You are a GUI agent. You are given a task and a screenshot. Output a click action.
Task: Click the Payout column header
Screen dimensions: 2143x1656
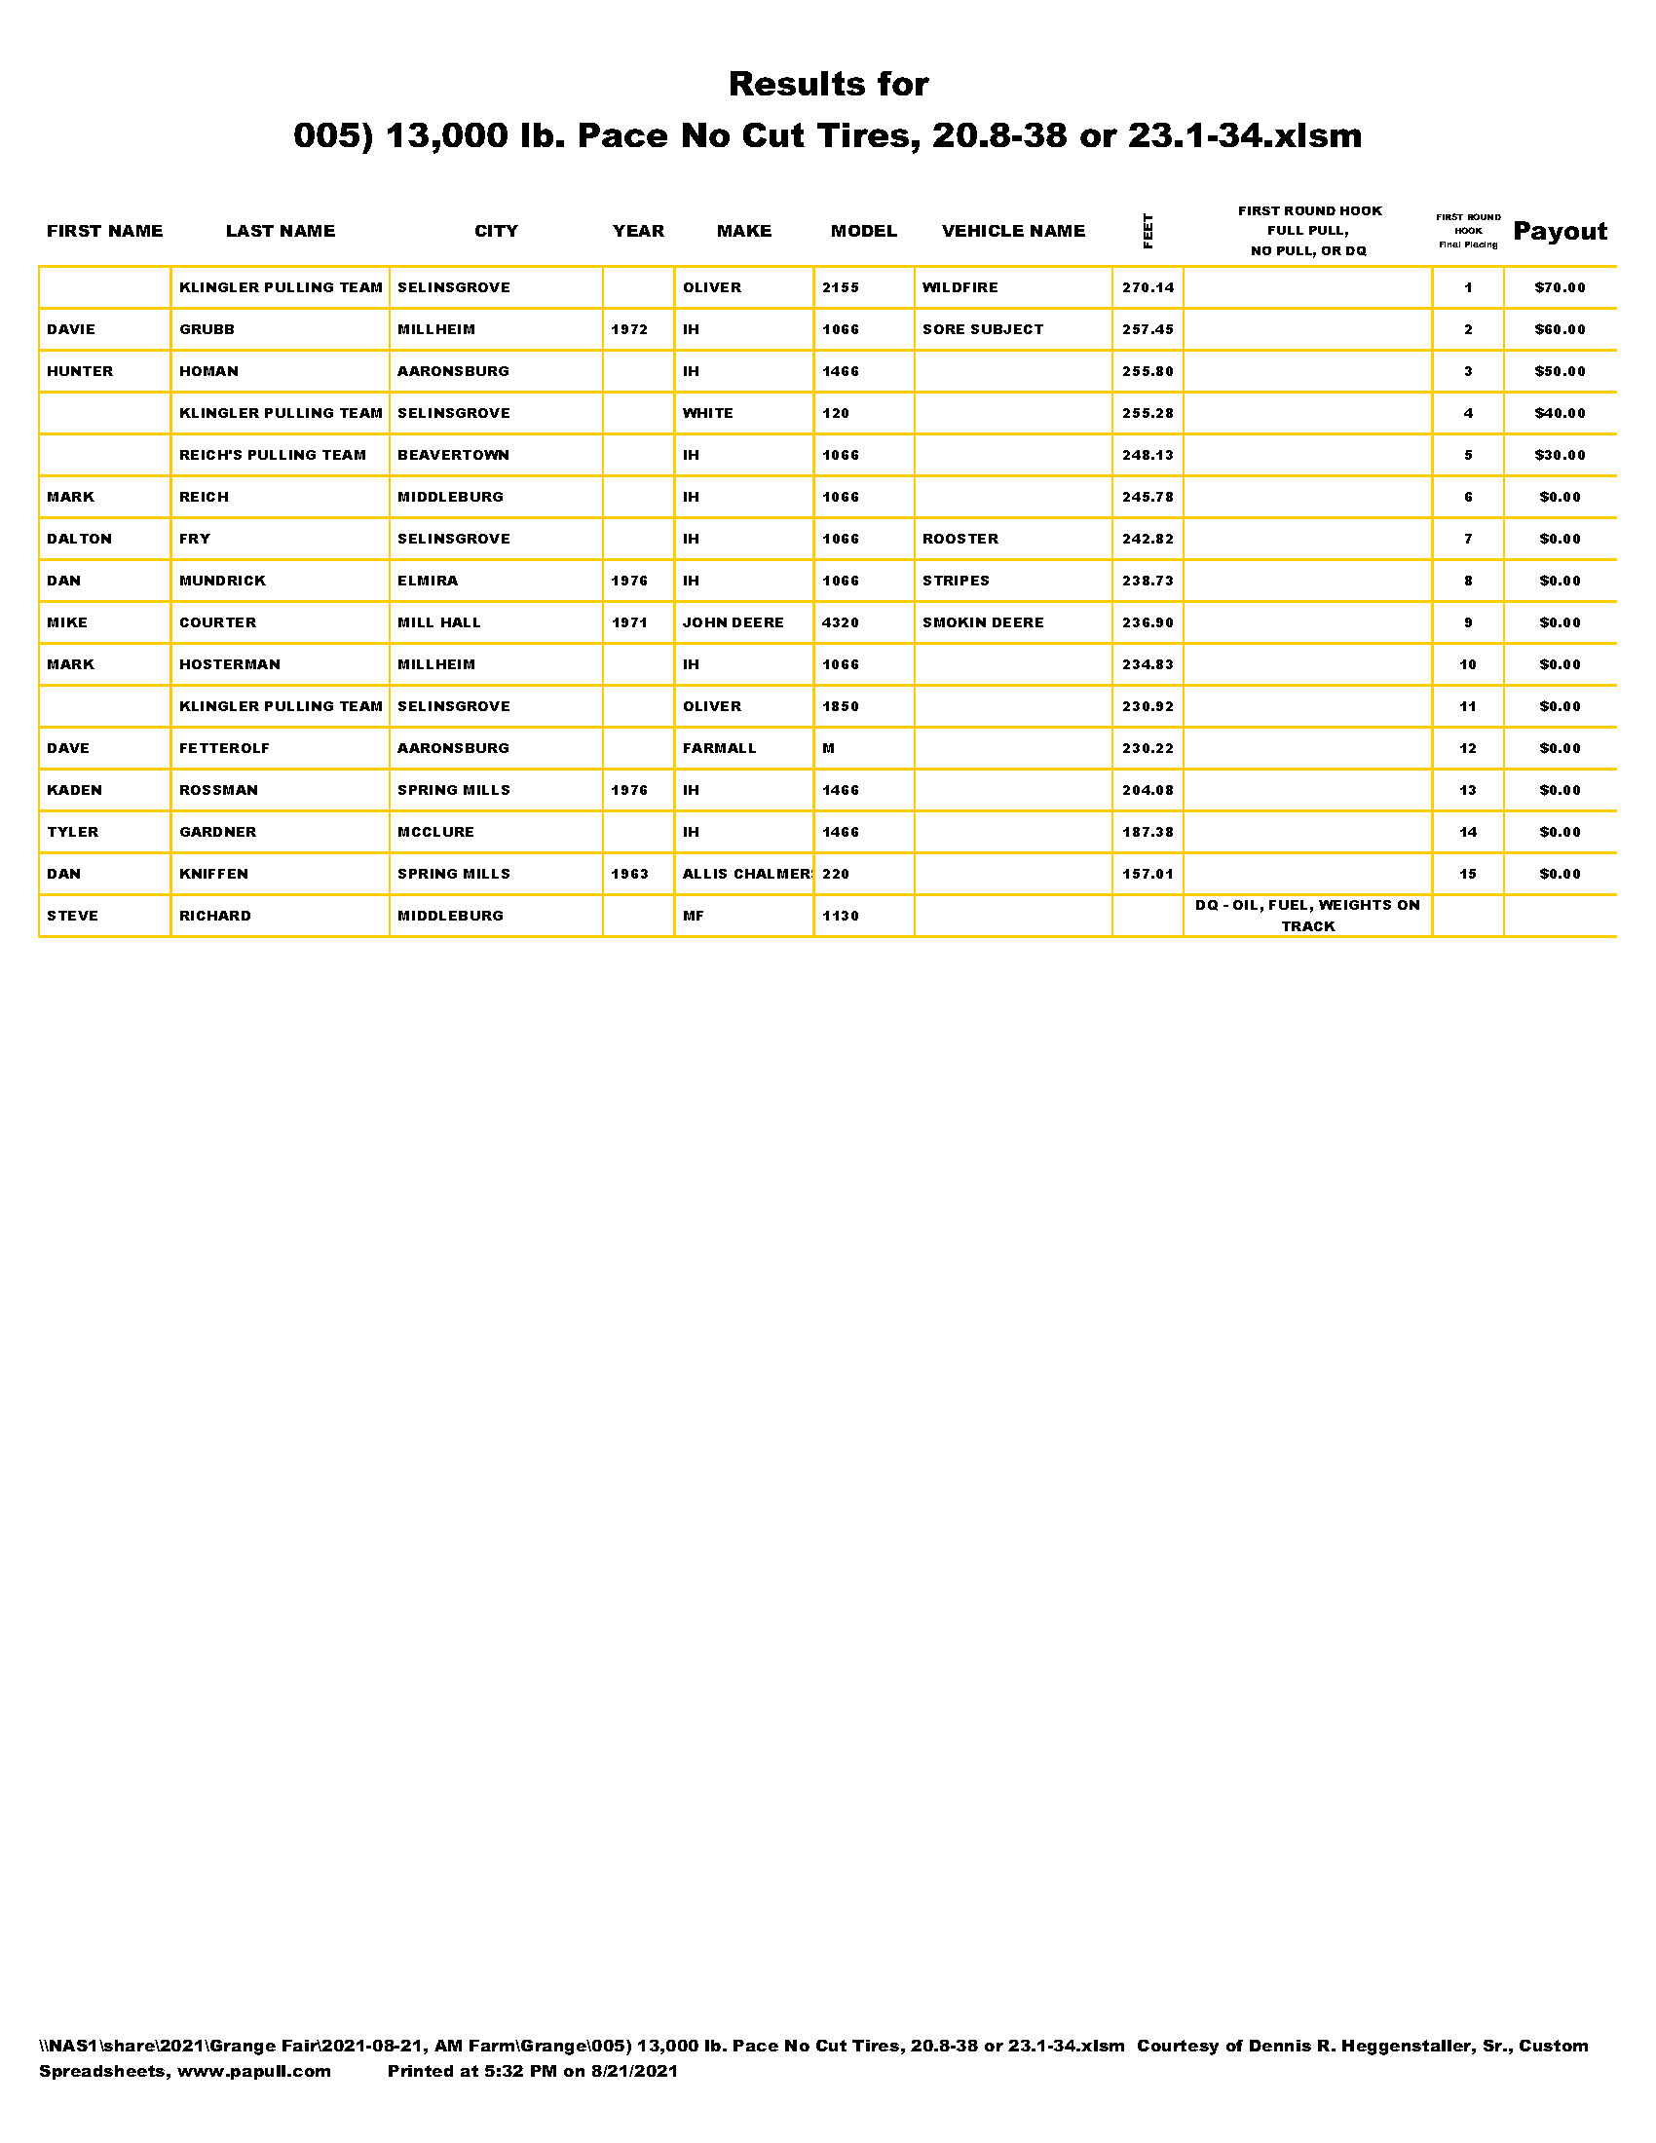[1559, 232]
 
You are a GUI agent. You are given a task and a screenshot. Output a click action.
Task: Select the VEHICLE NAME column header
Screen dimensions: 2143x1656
[1012, 232]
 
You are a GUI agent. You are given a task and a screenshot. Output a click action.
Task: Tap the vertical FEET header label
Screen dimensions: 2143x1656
[1148, 232]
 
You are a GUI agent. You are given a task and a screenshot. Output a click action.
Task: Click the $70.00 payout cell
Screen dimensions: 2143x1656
[1559, 287]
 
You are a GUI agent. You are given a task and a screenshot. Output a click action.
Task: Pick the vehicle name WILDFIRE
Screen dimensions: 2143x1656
[960, 287]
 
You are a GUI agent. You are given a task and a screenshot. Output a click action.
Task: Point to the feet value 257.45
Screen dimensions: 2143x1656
[1147, 329]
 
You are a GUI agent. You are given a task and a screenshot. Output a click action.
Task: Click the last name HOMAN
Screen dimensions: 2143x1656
[208, 372]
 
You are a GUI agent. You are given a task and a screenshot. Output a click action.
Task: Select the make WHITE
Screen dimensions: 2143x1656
[707, 413]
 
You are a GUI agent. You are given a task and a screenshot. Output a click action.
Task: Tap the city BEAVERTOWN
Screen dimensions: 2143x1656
[452, 455]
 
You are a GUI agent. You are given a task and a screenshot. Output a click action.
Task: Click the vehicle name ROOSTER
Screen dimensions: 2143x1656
[960, 539]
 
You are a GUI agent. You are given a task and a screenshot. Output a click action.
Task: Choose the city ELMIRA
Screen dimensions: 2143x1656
[427, 581]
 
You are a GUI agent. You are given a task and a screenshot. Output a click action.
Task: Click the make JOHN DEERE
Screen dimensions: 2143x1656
[733, 623]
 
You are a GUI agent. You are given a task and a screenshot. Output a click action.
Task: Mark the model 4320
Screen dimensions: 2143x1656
[840, 623]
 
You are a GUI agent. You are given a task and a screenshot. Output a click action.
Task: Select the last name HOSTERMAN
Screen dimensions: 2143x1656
[230, 664]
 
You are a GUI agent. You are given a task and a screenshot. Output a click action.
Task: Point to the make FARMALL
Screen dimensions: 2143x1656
[719, 749]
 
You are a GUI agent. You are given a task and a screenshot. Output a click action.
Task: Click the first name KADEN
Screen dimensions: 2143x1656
[74, 790]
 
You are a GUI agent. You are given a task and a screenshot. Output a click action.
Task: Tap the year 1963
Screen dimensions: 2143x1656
[629, 875]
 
